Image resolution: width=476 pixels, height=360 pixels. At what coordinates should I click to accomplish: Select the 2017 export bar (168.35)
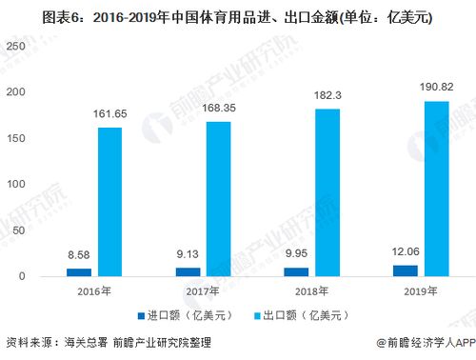point(217,199)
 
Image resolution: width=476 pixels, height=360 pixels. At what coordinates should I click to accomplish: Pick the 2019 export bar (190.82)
point(435,189)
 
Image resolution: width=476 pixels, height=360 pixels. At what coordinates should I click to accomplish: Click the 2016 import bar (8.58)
point(79,272)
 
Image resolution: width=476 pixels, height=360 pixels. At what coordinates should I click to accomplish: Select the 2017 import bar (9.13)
point(187,272)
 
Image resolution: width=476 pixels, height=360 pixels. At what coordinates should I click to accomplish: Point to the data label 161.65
point(109,114)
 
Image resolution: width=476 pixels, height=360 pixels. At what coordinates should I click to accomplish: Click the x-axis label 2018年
point(311,290)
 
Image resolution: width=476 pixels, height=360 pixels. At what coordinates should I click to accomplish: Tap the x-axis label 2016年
point(95,290)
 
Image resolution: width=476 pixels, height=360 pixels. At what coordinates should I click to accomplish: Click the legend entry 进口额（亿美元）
point(187,315)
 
